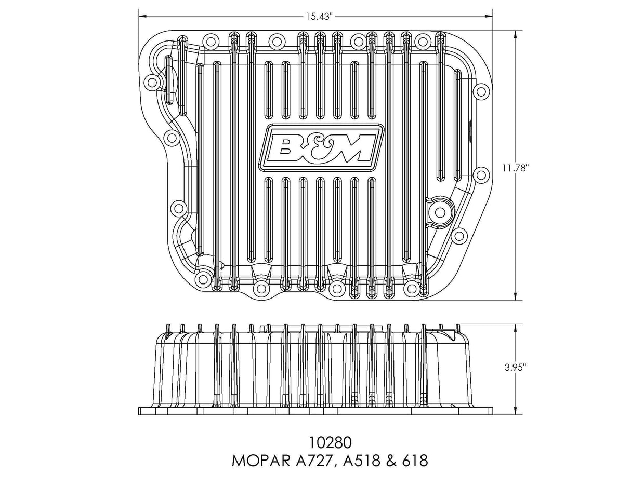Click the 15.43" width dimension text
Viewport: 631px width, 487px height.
[x=319, y=16]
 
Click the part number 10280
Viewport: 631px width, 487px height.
[x=330, y=443]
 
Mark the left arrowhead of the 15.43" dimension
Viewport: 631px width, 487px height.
[x=141, y=16]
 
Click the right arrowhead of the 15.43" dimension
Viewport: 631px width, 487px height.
[x=490, y=16]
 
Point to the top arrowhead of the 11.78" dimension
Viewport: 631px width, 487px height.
[x=515, y=33]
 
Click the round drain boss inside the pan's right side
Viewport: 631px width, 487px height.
[x=440, y=212]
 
